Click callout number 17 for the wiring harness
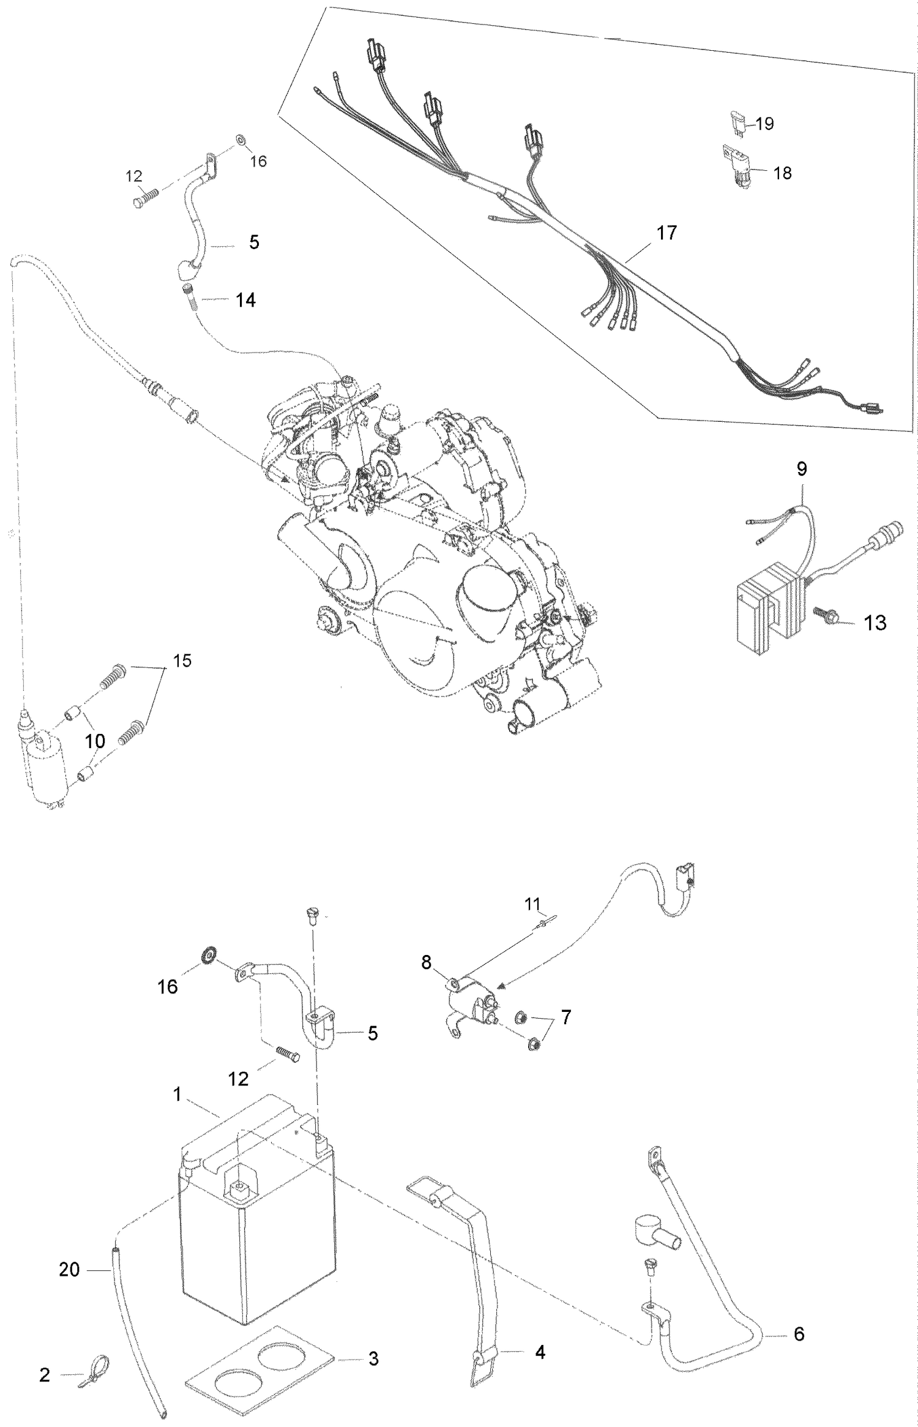tap(666, 233)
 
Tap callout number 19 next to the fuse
tap(764, 124)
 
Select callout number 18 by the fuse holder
tap(782, 173)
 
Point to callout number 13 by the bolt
tap(875, 623)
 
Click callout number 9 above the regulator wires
tap(802, 469)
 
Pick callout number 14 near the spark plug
tap(245, 300)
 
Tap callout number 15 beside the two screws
tap(182, 661)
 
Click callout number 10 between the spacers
tap(95, 741)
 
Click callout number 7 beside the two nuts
tap(565, 1017)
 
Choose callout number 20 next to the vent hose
tap(69, 1270)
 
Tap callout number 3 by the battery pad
tap(373, 1358)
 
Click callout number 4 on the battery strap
tap(540, 1352)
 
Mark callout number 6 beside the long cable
tap(799, 1333)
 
